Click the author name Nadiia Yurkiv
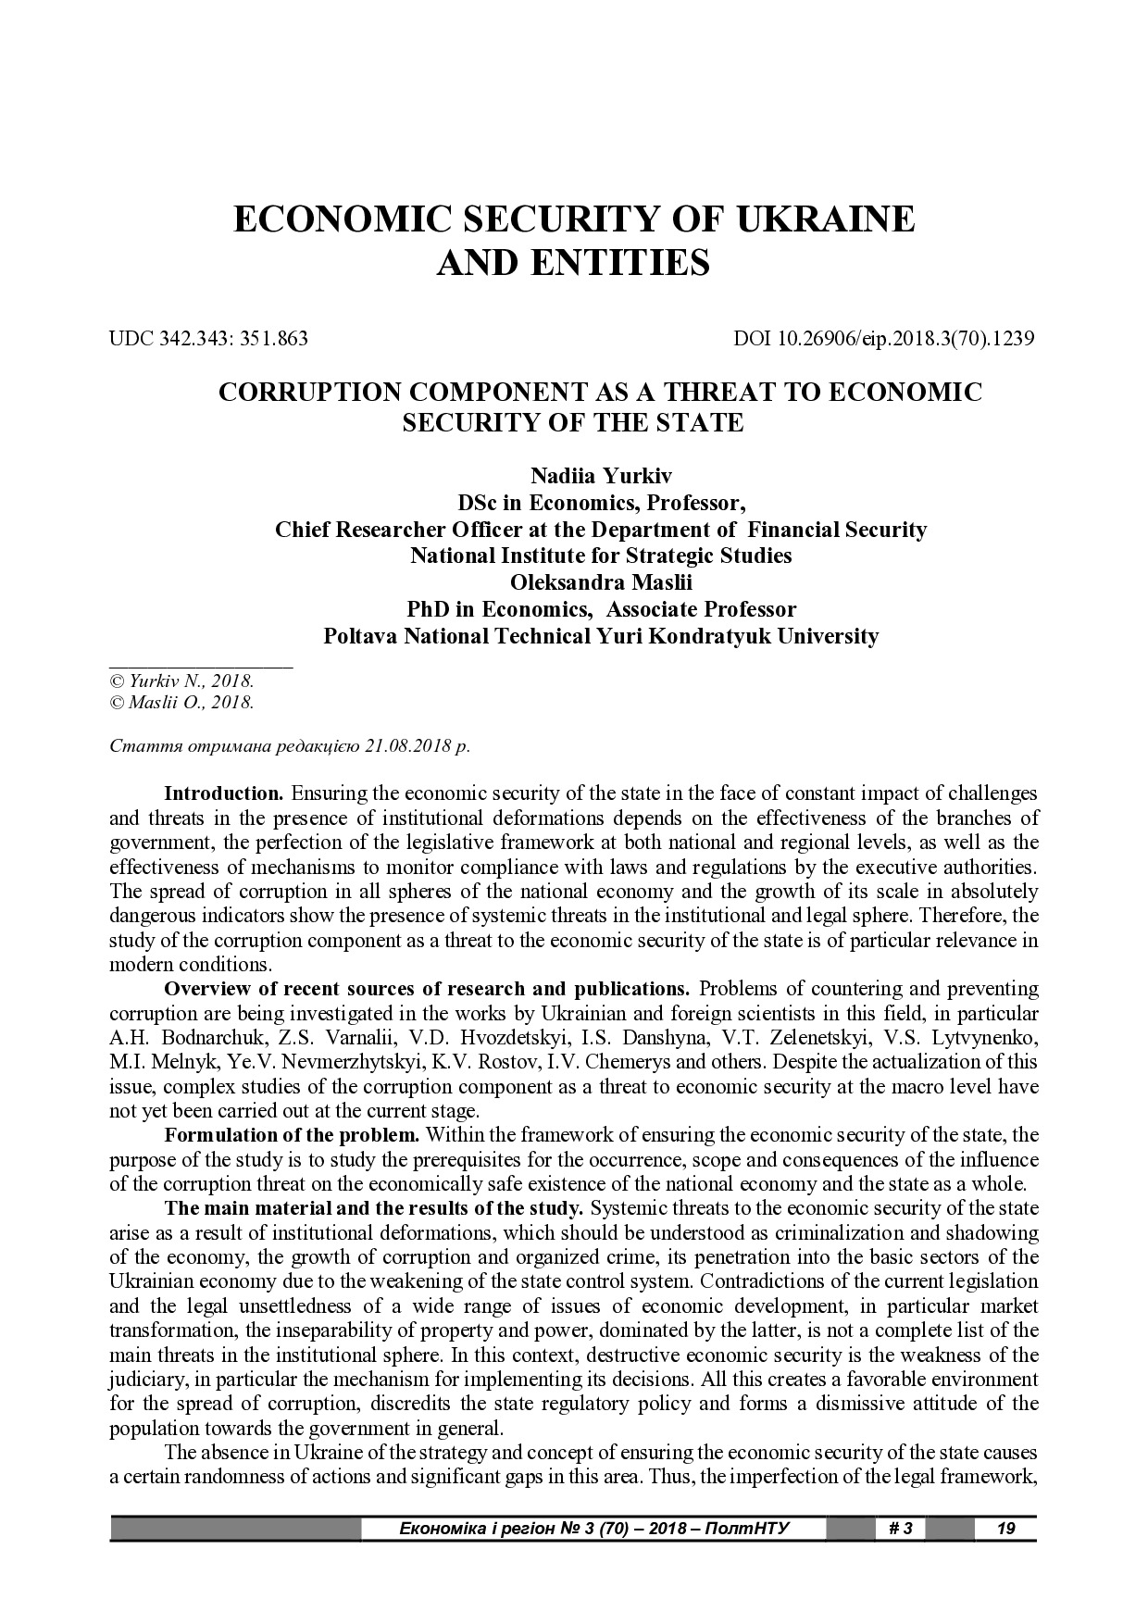tap(601, 476)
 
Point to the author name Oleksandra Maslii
tap(601, 583)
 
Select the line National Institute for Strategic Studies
tap(601, 556)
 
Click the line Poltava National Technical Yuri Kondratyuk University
tap(601, 637)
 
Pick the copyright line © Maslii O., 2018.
tap(181, 702)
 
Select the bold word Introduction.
tap(223, 793)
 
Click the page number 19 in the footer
tap(1004, 1528)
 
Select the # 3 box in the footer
tap(900, 1528)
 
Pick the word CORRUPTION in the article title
tap(307, 392)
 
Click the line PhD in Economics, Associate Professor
tap(601, 610)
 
